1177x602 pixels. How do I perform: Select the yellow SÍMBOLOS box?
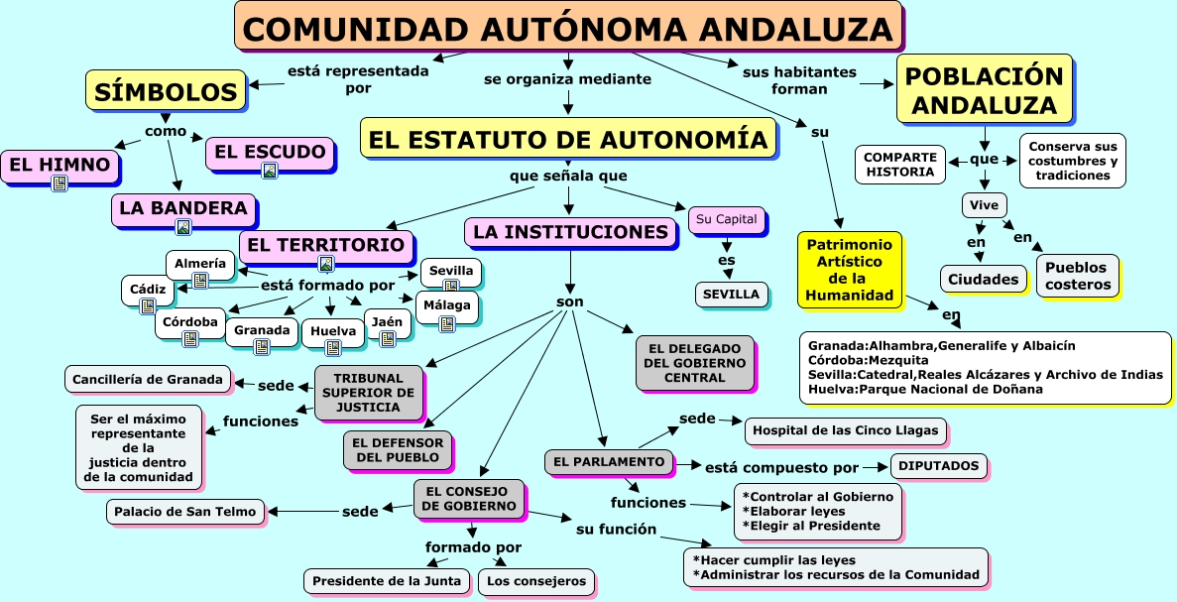tap(166, 92)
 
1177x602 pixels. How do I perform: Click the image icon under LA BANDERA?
tap(182, 227)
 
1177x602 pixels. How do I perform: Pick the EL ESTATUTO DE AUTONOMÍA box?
tap(568, 139)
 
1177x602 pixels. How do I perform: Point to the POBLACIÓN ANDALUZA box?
tap(985, 89)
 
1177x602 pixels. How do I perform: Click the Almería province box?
tap(200, 264)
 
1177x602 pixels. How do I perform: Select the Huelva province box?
tap(332, 330)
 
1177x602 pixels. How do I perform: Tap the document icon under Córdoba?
tap(189, 338)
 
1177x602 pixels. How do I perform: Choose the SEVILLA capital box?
tap(731, 294)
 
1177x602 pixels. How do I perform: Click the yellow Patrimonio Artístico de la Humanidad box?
tap(850, 269)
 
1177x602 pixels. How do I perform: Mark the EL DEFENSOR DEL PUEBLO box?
tap(397, 449)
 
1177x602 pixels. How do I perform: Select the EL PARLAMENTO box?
tap(609, 461)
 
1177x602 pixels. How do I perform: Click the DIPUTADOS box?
tap(939, 465)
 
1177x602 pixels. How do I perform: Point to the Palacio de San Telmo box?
tap(185, 512)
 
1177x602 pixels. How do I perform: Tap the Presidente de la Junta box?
tap(387, 581)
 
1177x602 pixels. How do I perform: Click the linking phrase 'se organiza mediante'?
tap(567, 78)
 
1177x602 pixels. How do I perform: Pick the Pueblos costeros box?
tap(1077, 276)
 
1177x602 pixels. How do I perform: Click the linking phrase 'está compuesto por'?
tap(781, 466)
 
